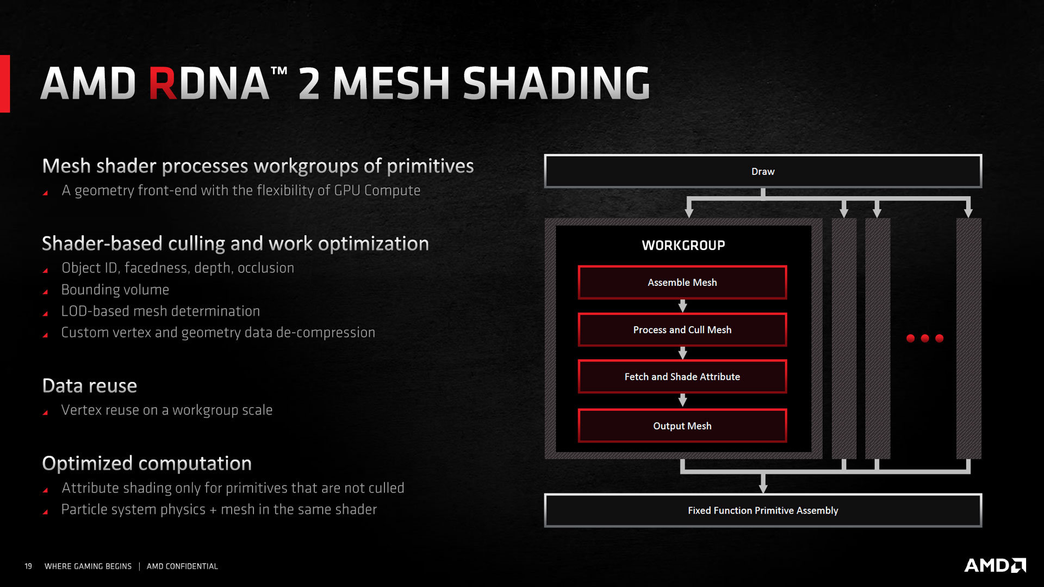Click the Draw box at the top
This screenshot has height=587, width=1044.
[763, 171]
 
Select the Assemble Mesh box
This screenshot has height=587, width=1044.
[682, 283]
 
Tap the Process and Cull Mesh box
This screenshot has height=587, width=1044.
[682, 330]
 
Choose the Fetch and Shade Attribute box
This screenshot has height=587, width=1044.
[682, 377]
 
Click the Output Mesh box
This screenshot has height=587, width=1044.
[682, 426]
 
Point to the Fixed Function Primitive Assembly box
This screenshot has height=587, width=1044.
[763, 510]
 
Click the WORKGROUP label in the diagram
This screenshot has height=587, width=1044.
[683, 245]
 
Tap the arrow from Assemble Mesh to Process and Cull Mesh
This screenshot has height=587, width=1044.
[682, 306]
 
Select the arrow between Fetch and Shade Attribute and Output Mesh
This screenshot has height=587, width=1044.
[682, 401]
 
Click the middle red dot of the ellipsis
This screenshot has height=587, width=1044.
[925, 338]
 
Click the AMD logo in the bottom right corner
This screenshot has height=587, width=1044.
[995, 565]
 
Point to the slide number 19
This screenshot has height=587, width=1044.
[28, 566]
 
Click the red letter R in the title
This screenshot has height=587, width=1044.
[163, 84]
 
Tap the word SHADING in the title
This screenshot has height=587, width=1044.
[556, 84]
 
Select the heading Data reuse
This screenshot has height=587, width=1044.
[90, 386]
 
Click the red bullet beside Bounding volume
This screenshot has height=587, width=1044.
[46, 292]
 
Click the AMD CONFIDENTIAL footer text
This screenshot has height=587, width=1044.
[182, 566]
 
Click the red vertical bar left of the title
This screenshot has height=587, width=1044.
[5, 84]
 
